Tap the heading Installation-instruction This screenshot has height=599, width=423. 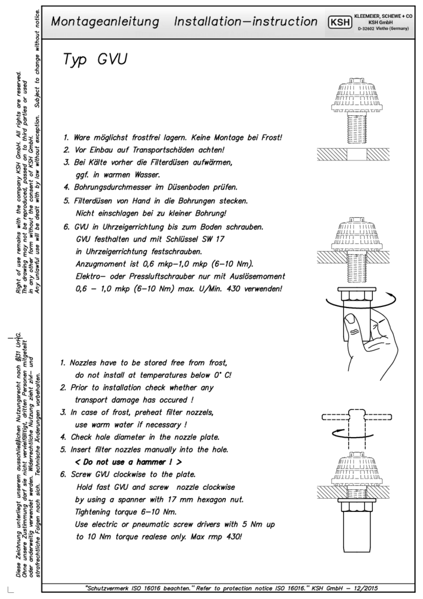(x=246, y=22)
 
